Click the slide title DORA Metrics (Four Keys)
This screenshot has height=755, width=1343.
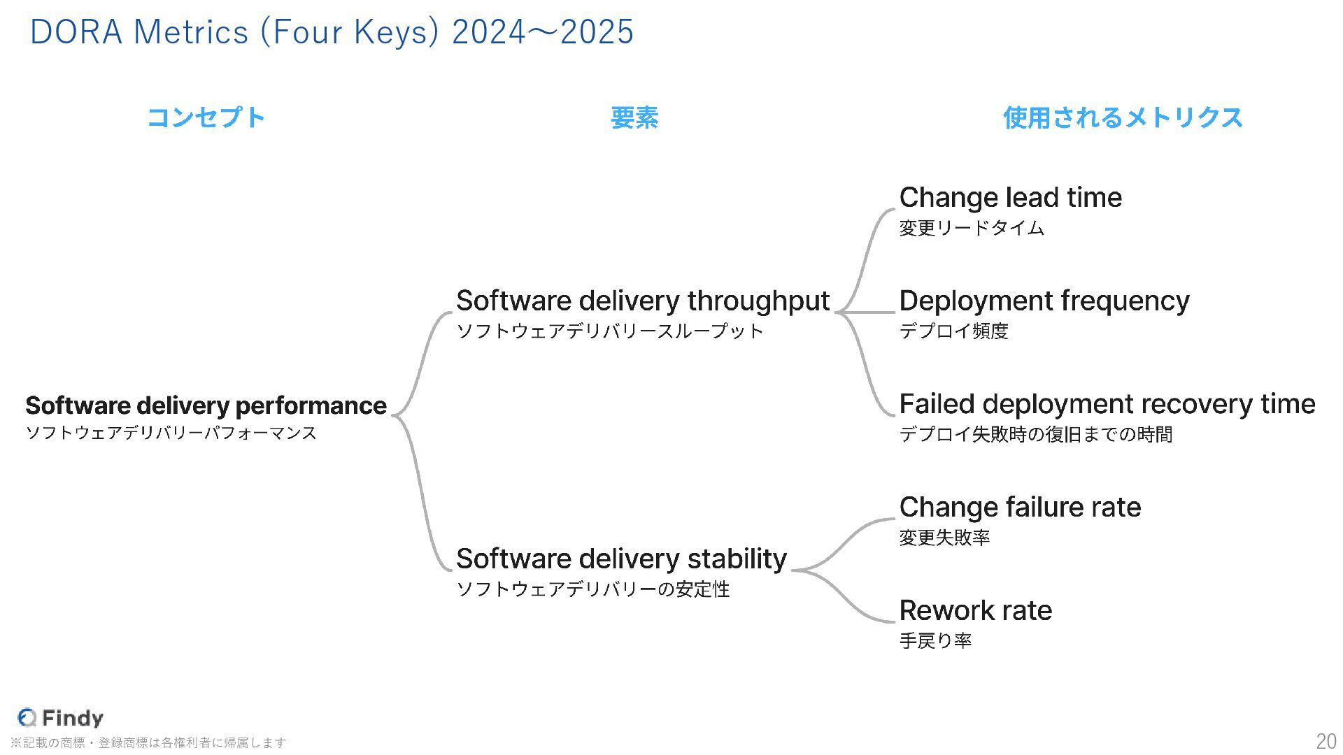(332, 32)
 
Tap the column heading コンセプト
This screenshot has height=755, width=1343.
(206, 117)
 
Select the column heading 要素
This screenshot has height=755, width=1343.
(634, 117)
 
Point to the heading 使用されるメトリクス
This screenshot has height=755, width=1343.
(1123, 117)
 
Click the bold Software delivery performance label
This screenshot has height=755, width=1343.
(206, 405)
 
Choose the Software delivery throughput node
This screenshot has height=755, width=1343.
(642, 301)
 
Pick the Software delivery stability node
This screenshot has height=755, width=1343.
(621, 559)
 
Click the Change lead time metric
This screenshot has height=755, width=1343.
(1010, 198)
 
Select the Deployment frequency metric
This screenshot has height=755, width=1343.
(1044, 301)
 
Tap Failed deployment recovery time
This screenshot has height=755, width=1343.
(1107, 404)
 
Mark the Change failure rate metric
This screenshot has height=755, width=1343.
(1020, 508)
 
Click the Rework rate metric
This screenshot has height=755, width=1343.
(975, 611)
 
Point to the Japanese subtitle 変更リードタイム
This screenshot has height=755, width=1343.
(971, 228)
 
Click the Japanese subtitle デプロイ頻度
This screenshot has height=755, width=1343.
(953, 331)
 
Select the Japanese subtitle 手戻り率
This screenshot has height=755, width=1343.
(935, 641)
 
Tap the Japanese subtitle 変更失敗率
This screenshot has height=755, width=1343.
(944, 538)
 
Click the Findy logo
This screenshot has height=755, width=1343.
(61, 717)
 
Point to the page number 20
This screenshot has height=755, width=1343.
(1326, 741)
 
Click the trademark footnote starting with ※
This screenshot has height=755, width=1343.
(148, 742)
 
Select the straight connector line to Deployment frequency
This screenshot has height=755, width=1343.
(871, 312)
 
